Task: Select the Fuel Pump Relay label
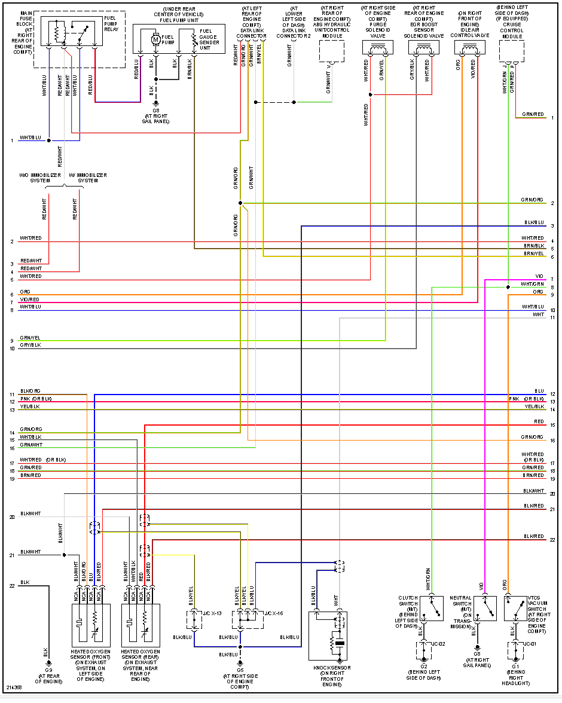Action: [111, 21]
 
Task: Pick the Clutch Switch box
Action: [432, 609]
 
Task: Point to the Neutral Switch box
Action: [485, 609]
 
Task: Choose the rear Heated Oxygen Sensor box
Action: [140, 624]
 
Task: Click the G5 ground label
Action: [240, 670]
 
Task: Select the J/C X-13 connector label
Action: [213, 614]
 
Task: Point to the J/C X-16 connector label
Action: [274, 614]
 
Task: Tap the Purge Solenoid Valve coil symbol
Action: [377, 47]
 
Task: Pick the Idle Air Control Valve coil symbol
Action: [469, 47]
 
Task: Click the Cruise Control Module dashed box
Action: [512, 51]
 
